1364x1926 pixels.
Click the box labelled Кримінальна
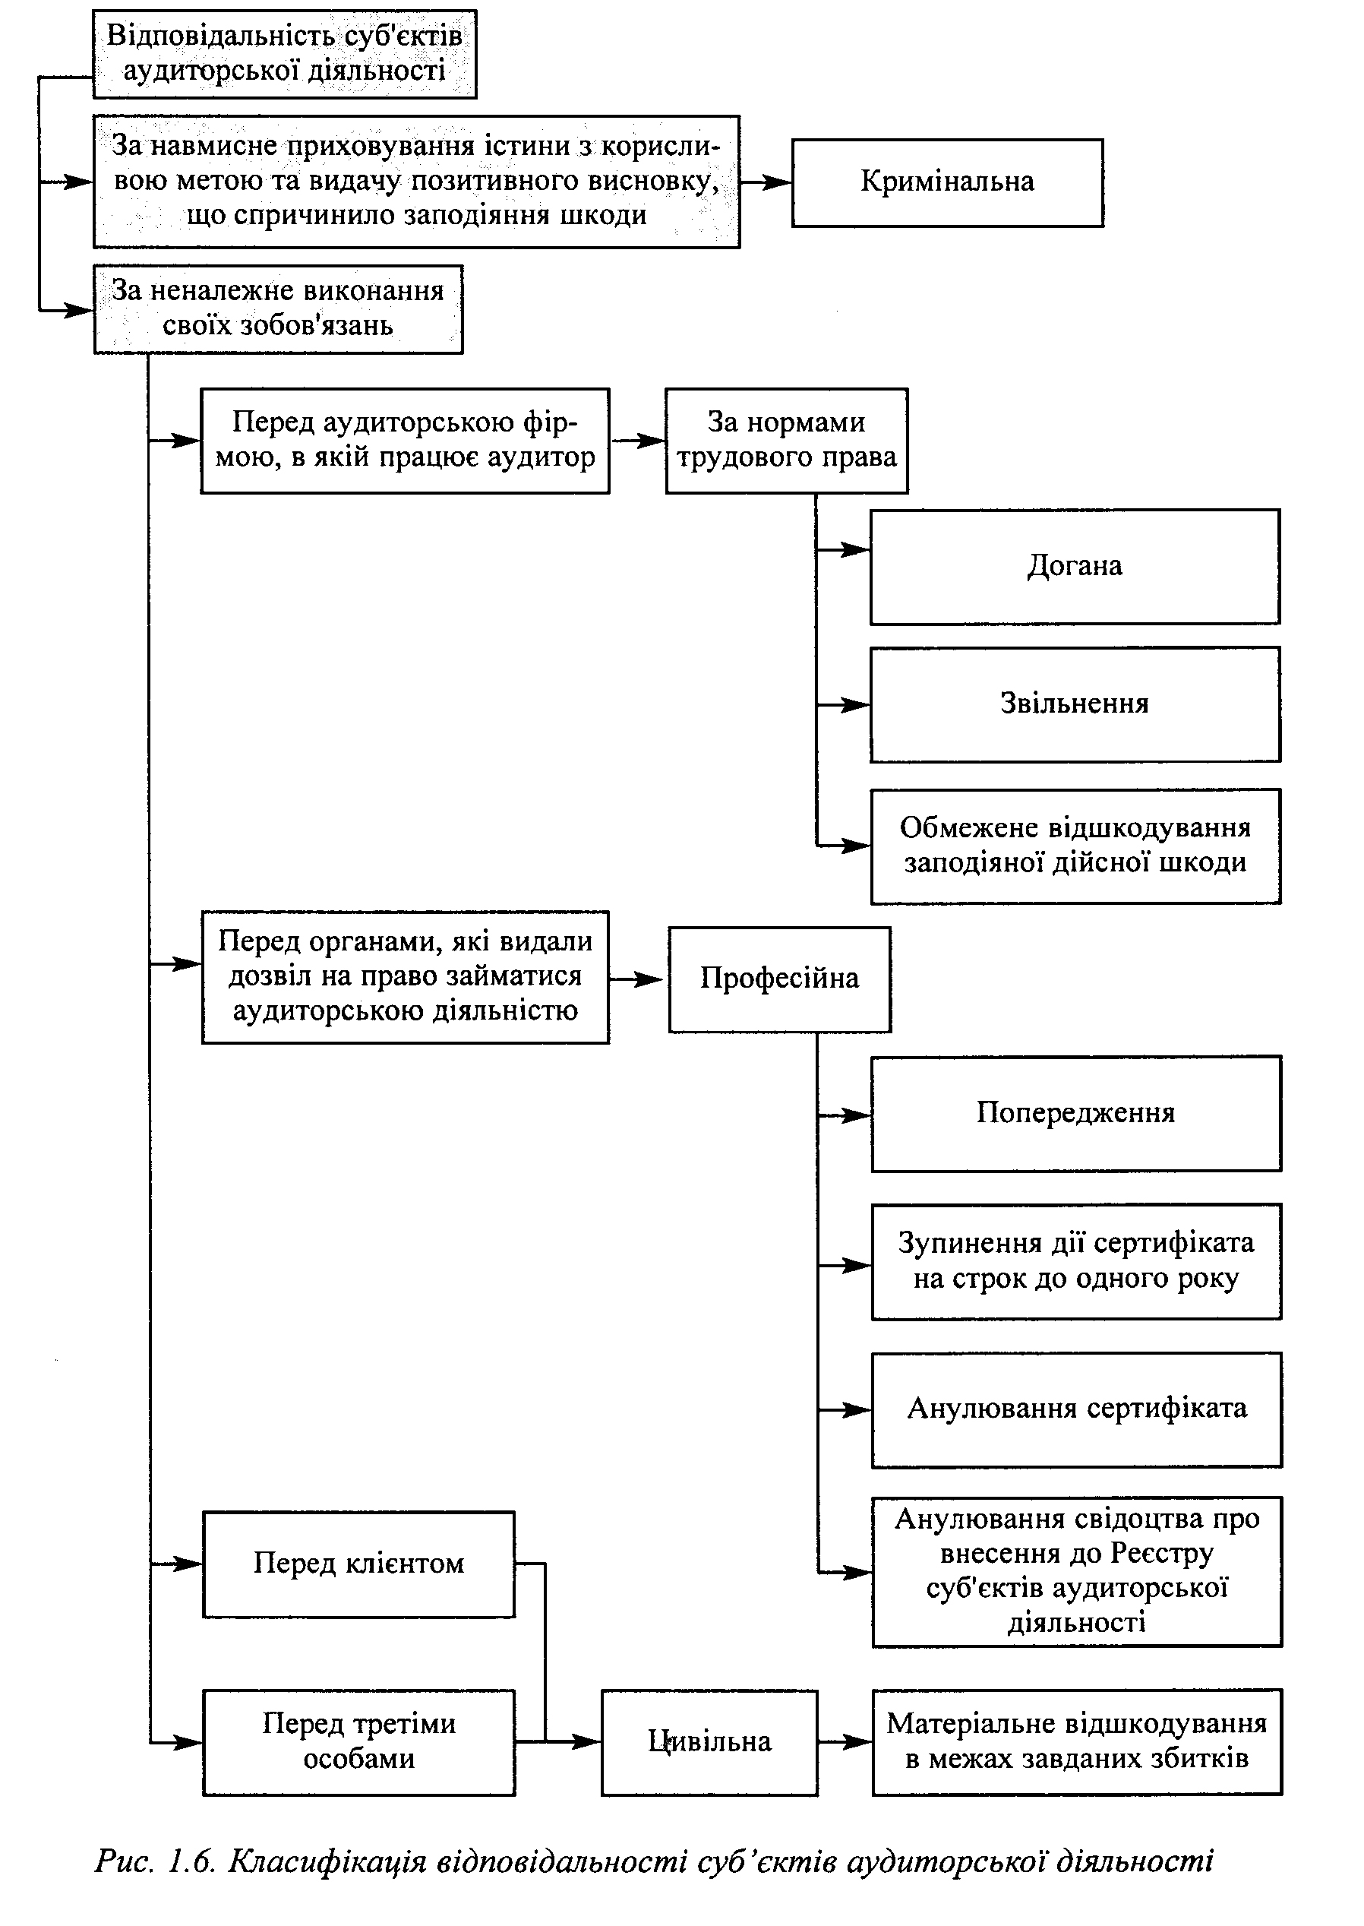(x=947, y=182)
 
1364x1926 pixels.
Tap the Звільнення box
(x=1075, y=704)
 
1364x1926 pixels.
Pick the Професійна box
(x=779, y=979)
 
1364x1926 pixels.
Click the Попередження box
(x=1076, y=1113)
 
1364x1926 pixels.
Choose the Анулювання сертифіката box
(x=1077, y=1409)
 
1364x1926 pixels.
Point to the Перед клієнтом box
(x=358, y=1564)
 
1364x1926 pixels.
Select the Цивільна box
(x=709, y=1742)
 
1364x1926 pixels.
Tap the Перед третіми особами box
(x=358, y=1742)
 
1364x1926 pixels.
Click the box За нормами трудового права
(x=786, y=441)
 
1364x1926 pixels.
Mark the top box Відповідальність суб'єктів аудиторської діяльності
(x=285, y=54)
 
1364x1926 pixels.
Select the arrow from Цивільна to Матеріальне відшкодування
(x=845, y=1742)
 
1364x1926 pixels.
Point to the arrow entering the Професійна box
(x=638, y=979)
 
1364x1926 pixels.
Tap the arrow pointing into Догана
(x=842, y=549)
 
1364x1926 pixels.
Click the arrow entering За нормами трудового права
(x=637, y=441)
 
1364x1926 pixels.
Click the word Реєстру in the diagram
(x=1163, y=1554)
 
